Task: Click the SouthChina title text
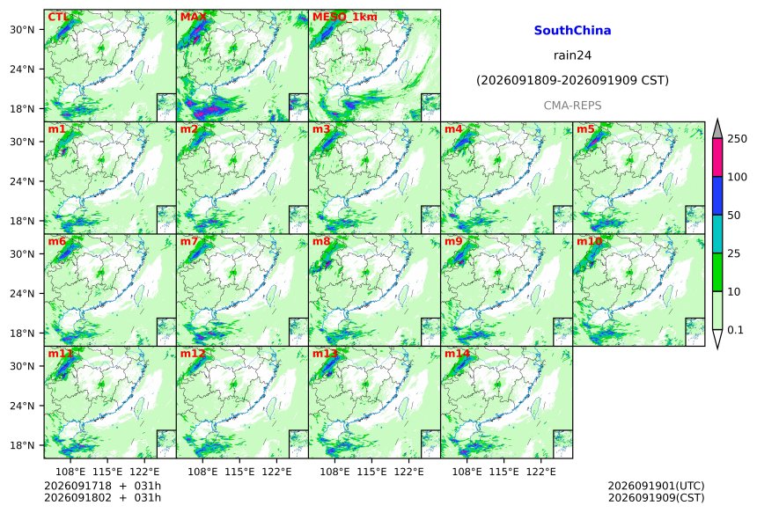[572, 31]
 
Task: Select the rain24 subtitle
[572, 55]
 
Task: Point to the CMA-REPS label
[572, 106]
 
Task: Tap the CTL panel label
[58, 17]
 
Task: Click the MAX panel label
[193, 17]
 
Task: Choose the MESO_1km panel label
[345, 17]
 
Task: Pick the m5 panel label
[585, 128]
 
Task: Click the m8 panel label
[321, 241]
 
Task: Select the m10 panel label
[589, 241]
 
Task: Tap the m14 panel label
[457, 353]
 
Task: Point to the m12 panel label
[193, 353]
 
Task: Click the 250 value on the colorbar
[737, 139]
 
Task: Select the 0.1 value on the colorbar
[735, 330]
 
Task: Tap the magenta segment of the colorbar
[717, 158]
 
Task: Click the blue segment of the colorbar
[717, 195]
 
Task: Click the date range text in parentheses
[572, 80]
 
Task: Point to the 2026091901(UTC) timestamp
[656, 486]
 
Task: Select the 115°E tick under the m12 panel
[239, 472]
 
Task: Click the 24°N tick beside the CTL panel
[22, 69]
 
